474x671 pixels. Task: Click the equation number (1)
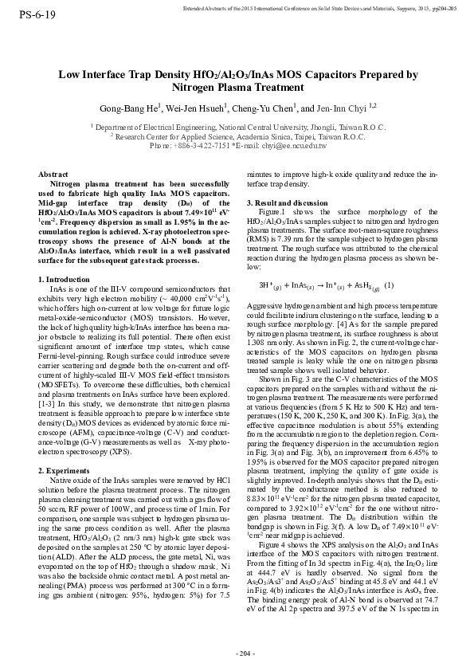coord(389,285)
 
